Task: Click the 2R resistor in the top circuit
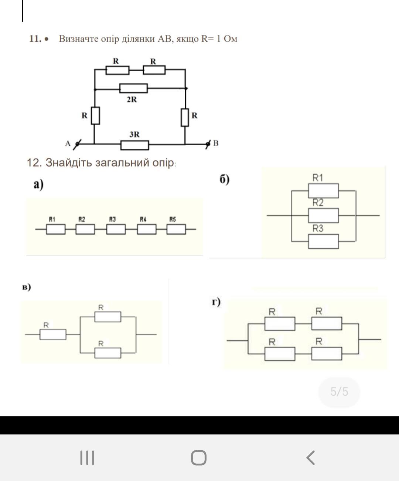pyautogui.click(x=133, y=88)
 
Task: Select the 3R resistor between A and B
pyautogui.click(x=135, y=145)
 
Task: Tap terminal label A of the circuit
pyautogui.click(x=68, y=143)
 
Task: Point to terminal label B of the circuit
pyautogui.click(x=216, y=143)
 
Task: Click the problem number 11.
pyautogui.click(x=35, y=39)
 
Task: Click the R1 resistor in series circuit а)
pyautogui.click(x=56, y=229)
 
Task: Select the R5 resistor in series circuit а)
pyautogui.click(x=176, y=229)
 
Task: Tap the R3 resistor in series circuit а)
pyautogui.click(x=116, y=229)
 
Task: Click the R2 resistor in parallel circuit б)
pyautogui.click(x=323, y=215)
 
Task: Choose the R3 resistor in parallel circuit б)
pyautogui.click(x=323, y=241)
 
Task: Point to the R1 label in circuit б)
pyautogui.click(x=318, y=178)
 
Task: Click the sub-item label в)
pyautogui.click(x=26, y=287)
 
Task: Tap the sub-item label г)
pyautogui.click(x=216, y=302)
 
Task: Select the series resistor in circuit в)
pyautogui.click(x=53, y=334)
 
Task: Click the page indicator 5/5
pyautogui.click(x=339, y=392)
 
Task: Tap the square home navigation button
pyautogui.click(x=199, y=458)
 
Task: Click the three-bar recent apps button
pyautogui.click(x=87, y=458)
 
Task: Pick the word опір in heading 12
pyautogui.click(x=163, y=163)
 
